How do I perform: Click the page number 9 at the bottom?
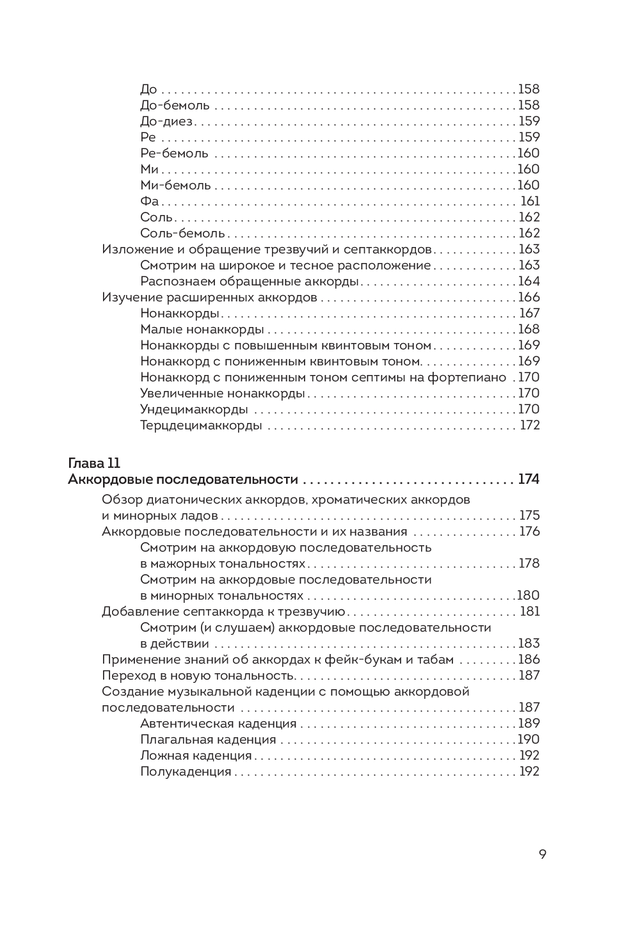(542, 854)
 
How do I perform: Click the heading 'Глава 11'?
(94, 463)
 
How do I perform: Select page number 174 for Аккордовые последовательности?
(529, 479)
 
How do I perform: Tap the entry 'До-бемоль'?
(175, 105)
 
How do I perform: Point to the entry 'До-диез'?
(166, 121)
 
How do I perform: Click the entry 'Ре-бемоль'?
(174, 153)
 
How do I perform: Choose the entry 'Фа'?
(149, 201)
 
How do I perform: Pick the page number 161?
(530, 201)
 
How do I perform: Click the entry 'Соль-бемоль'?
(182, 233)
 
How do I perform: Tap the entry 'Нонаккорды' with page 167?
(180, 313)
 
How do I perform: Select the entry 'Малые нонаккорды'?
(202, 329)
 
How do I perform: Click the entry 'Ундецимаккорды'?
(194, 409)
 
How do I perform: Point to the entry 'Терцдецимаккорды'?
(201, 425)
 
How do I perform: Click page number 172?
(530, 425)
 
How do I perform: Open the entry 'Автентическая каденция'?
(218, 723)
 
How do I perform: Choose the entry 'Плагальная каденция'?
(208, 739)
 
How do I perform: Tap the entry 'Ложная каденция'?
(196, 755)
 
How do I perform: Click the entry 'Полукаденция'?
(186, 771)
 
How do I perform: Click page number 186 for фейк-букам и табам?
(529, 659)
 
